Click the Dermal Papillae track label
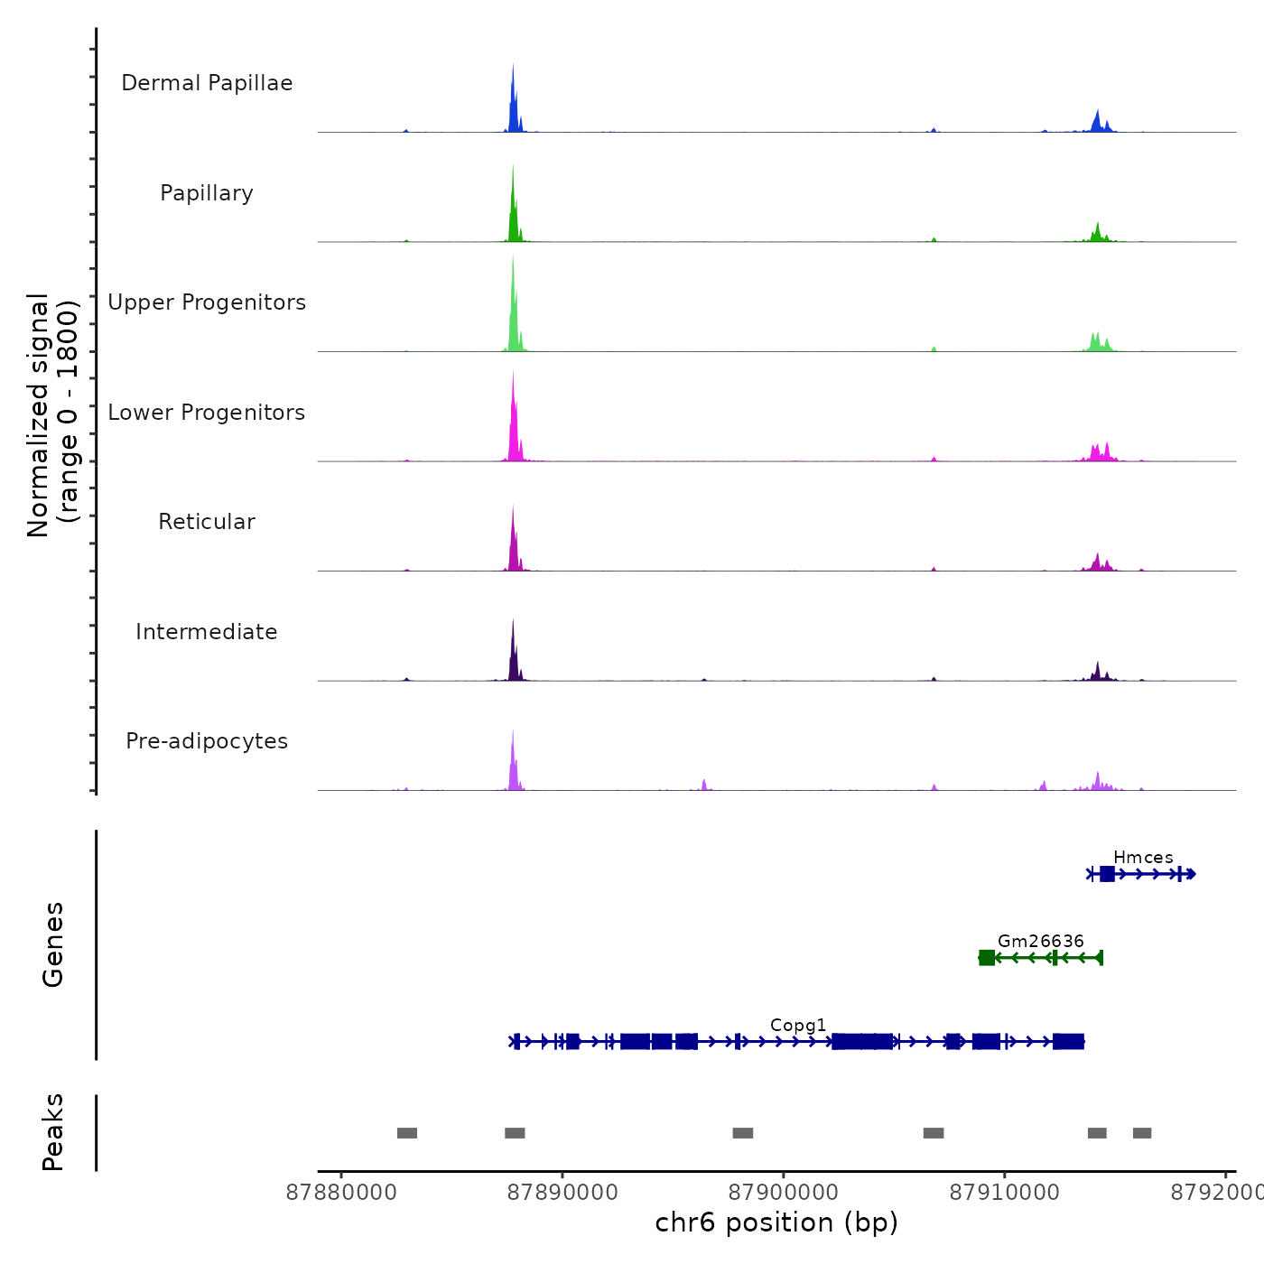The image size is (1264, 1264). [207, 83]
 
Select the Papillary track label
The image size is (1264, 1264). [207, 193]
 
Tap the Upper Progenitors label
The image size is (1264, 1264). [207, 302]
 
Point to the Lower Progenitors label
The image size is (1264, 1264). [207, 413]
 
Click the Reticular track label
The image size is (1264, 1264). [207, 522]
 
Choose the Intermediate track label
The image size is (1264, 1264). [207, 632]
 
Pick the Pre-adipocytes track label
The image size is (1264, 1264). [207, 741]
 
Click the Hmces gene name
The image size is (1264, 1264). [1143, 858]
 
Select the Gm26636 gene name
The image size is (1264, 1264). [1040, 942]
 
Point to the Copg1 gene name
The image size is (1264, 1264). [798, 1026]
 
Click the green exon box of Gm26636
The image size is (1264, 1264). [987, 958]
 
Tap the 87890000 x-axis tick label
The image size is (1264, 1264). [562, 1193]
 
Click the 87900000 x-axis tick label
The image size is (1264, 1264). [784, 1193]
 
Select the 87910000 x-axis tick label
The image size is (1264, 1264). [1005, 1193]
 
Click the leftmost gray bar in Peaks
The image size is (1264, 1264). [407, 1133]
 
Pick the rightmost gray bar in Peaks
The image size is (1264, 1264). [1142, 1133]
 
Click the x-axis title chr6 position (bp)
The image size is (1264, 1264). [776, 1223]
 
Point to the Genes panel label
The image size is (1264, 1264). [53, 944]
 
